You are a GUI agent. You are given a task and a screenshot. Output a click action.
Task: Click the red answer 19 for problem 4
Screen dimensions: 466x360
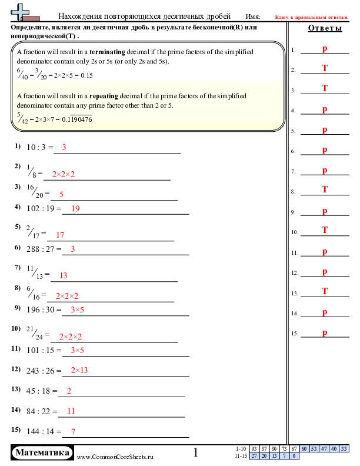point(75,208)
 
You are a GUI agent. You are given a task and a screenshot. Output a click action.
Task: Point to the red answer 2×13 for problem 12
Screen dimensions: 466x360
point(79,370)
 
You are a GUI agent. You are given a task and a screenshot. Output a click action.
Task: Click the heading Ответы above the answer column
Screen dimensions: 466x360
point(325,28)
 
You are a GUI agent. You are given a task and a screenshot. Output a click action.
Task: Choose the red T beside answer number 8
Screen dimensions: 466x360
point(325,189)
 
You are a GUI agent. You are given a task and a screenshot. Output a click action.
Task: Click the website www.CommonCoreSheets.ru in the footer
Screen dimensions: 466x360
point(115,457)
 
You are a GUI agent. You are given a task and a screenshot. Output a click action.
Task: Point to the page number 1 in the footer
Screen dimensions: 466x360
point(196,452)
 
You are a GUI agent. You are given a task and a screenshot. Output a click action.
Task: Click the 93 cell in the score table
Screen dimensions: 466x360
point(254,449)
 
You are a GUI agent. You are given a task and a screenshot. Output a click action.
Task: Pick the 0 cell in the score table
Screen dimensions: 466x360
point(294,456)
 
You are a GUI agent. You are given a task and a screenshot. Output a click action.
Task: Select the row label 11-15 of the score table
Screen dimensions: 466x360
point(241,456)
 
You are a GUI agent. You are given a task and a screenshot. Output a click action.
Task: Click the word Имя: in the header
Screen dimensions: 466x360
point(253,16)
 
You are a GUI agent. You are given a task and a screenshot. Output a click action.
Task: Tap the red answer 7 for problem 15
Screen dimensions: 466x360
point(74,431)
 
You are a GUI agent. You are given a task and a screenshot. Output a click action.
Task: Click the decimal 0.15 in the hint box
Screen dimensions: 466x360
point(86,75)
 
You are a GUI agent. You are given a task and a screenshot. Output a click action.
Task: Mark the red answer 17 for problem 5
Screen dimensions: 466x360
point(60,235)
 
